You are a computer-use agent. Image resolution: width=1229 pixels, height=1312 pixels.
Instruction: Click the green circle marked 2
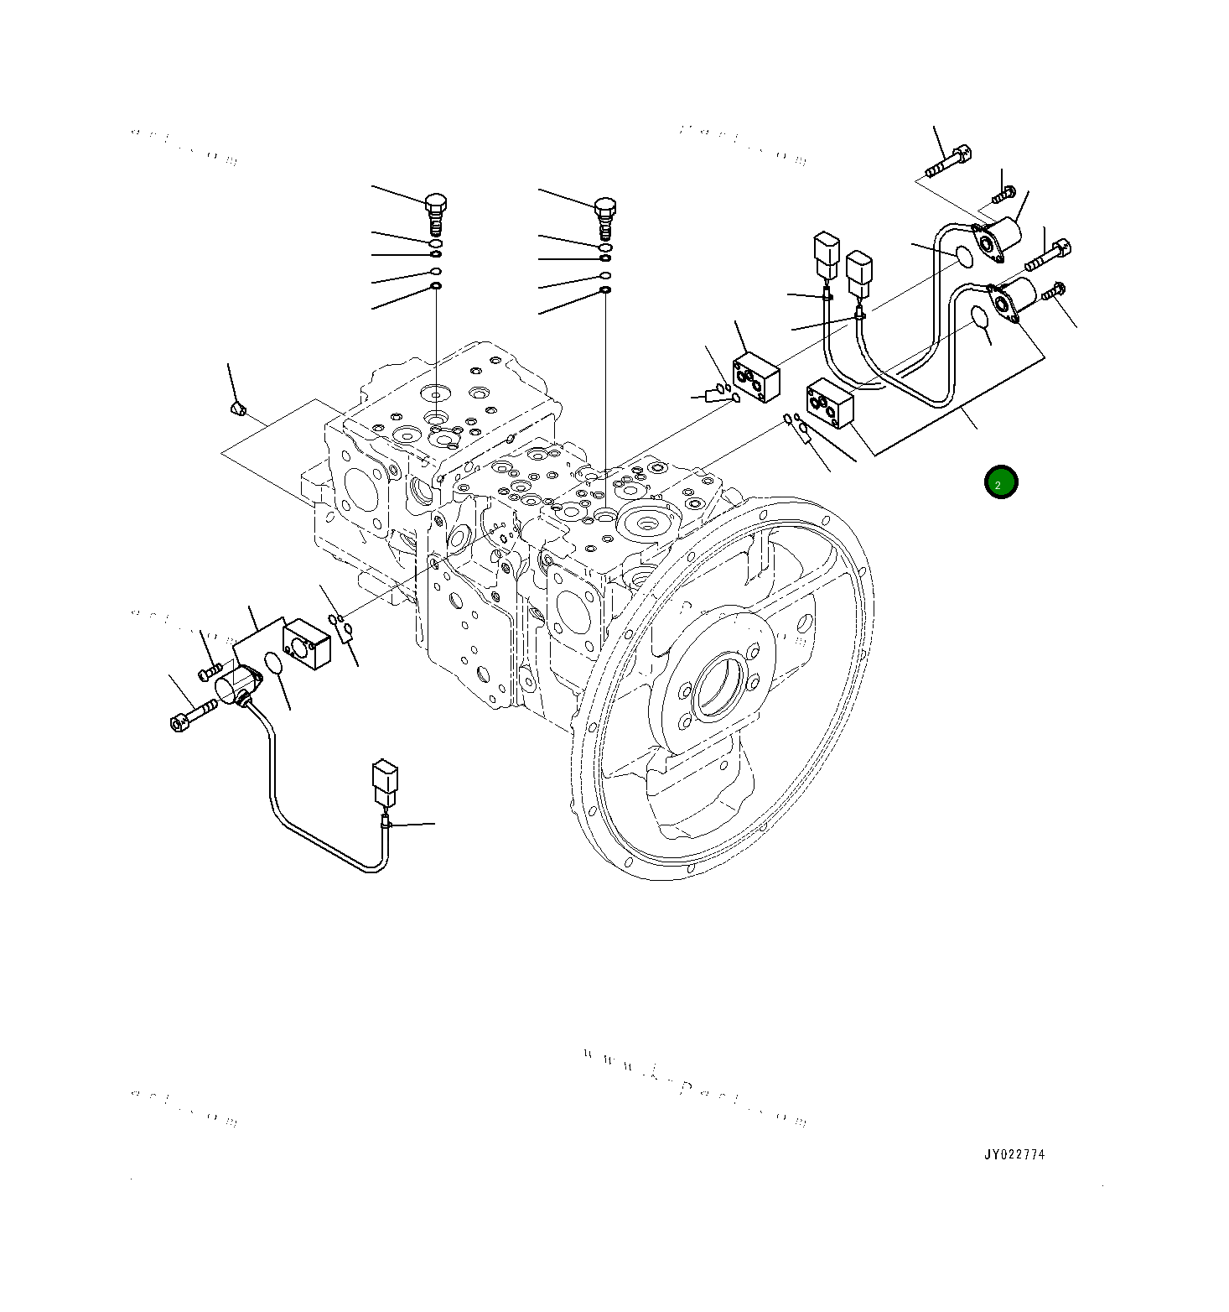(1000, 482)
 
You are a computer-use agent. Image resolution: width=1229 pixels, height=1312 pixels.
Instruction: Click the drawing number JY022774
(1014, 1154)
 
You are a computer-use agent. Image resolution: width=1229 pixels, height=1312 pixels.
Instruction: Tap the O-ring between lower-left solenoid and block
(272, 664)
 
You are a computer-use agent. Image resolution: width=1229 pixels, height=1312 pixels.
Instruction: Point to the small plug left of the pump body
(238, 409)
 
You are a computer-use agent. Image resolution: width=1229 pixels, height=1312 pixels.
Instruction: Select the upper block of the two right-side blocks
(756, 377)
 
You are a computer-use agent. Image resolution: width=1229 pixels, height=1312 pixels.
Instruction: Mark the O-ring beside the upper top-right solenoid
(962, 256)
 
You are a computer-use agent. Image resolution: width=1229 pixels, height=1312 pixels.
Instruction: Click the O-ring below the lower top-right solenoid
(978, 317)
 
